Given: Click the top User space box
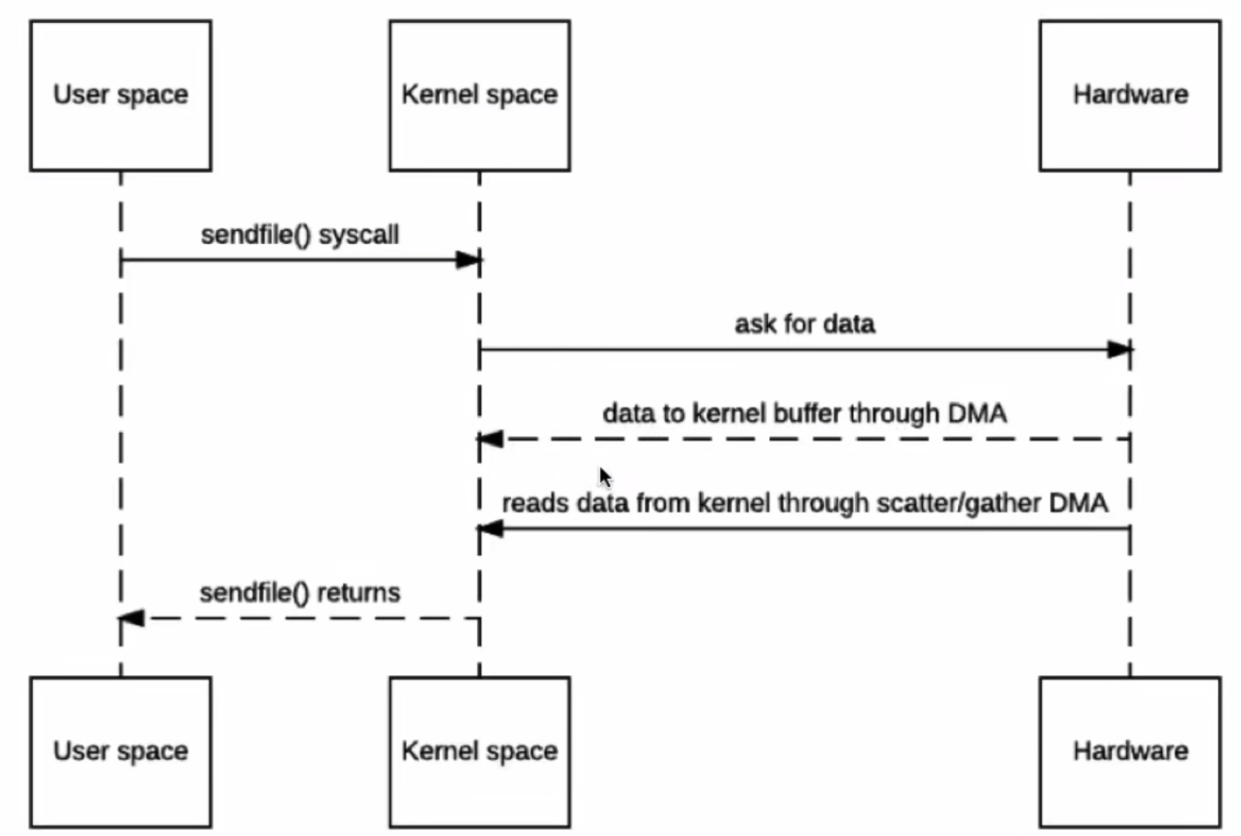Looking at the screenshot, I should tap(120, 95).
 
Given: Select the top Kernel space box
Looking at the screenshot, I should tap(479, 95).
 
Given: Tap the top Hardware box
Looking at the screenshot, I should tap(1130, 95).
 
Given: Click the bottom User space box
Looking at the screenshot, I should tap(120, 752).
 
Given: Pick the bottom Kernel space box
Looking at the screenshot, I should tap(479, 752).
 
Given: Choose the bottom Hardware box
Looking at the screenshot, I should tap(1130, 752).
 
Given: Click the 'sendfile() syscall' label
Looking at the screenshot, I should tap(300, 235).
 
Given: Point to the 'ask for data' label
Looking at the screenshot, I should tap(804, 324).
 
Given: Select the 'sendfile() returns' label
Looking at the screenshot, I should tap(300, 592).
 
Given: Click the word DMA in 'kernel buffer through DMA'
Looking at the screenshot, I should tap(977, 414).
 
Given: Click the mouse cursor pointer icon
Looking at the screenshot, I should tap(605, 478).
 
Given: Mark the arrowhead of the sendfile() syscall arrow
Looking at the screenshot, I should tap(468, 260).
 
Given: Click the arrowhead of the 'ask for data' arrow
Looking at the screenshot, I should tap(1119, 349).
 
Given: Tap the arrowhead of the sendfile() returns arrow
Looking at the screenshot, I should tap(132, 619).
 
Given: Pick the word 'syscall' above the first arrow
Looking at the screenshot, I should tap(358, 235).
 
